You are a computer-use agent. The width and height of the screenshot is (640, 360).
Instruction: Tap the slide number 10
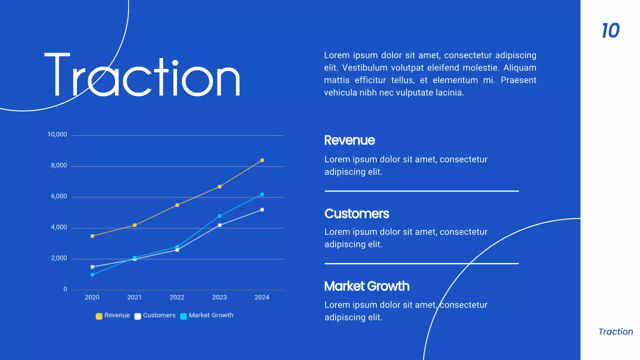pos(610,31)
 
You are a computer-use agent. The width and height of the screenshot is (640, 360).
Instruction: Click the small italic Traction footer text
pos(615,331)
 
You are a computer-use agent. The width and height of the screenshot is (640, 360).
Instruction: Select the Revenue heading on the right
pos(349,140)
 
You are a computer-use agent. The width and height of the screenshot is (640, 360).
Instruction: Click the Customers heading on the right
pos(356,213)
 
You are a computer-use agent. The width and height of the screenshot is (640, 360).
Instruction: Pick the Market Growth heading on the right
pos(366,286)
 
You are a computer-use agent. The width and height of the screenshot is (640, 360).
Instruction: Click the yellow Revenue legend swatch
pos(99,316)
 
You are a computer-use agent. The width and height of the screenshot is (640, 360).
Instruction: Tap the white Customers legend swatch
pos(137,316)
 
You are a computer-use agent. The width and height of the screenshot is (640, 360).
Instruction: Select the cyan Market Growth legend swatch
pos(183,316)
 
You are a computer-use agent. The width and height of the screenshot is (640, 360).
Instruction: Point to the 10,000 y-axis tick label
pos(57,134)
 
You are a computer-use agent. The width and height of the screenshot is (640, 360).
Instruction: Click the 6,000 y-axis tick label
pos(58,196)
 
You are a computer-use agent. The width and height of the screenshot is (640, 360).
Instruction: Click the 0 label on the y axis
pos(65,289)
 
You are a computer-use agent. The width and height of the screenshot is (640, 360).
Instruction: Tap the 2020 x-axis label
pos(92,297)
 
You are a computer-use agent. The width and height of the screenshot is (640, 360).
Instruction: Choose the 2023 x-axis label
pos(219,297)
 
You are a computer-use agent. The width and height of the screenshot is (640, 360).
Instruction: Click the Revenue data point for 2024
pos(262,160)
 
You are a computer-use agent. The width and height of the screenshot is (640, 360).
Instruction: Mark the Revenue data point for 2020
pos(92,236)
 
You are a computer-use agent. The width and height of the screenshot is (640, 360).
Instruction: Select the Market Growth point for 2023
pos(219,216)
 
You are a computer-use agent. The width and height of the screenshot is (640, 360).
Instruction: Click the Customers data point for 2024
pos(262,210)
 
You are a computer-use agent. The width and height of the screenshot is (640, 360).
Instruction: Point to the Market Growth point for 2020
pos(92,274)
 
